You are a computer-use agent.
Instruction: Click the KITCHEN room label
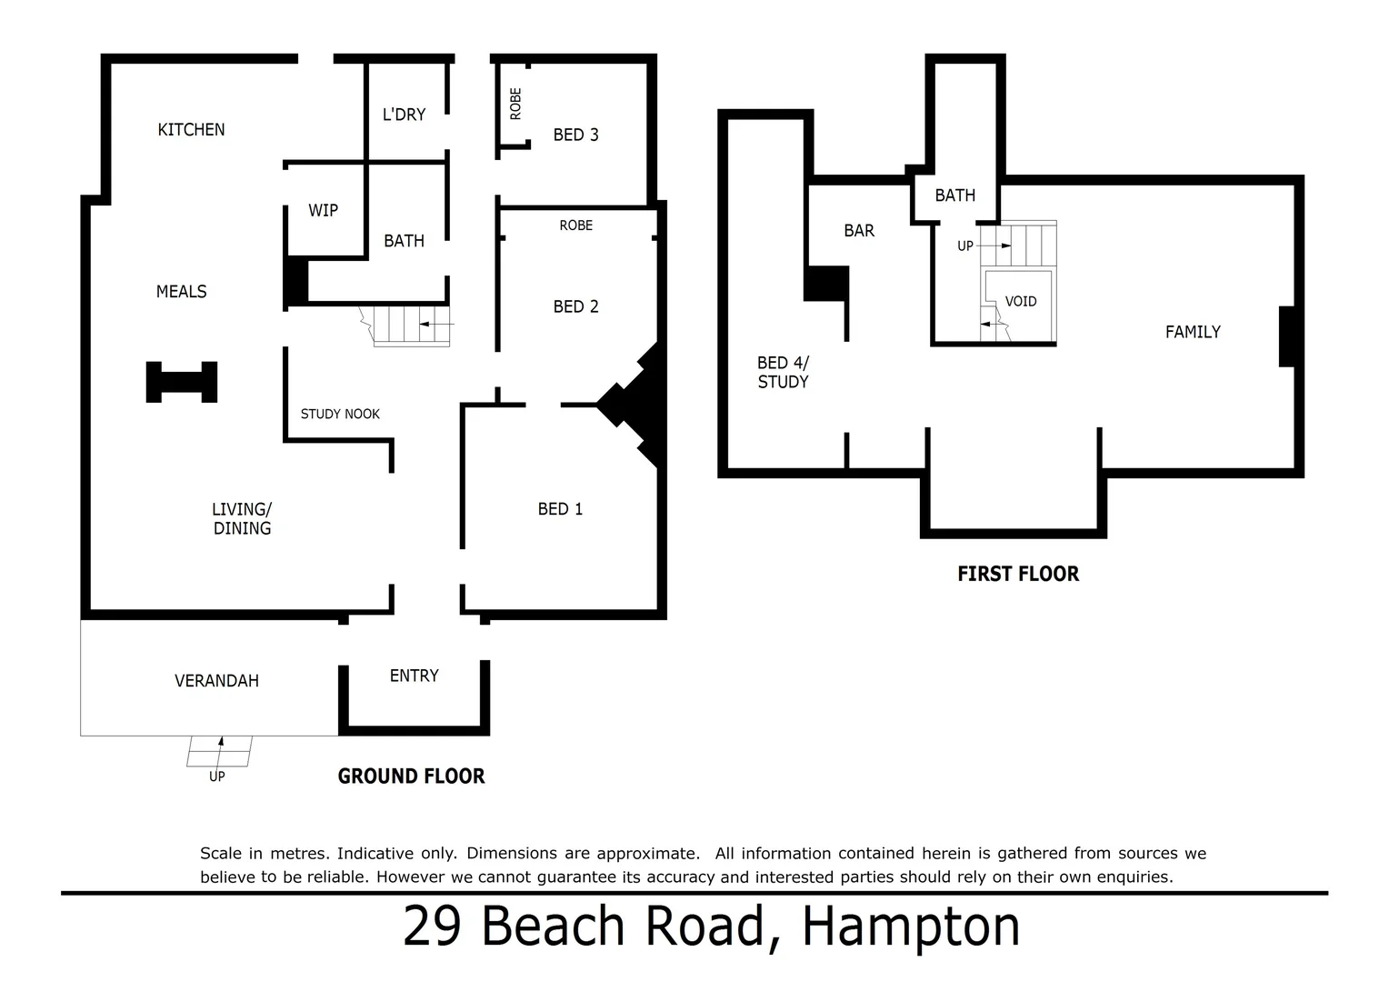(191, 130)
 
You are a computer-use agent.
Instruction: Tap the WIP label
(323, 211)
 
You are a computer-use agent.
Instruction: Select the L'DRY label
(404, 115)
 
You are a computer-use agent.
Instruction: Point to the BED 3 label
(575, 135)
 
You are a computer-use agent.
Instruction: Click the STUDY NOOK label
(340, 415)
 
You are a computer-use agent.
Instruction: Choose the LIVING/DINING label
(242, 519)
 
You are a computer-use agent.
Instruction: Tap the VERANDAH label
(216, 681)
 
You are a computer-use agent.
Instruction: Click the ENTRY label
(414, 676)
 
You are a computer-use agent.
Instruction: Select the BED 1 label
(560, 510)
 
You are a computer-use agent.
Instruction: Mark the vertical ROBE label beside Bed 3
(515, 104)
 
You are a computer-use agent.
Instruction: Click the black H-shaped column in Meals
(182, 382)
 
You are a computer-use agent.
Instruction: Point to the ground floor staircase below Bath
(412, 326)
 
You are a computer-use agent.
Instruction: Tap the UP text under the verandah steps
(216, 777)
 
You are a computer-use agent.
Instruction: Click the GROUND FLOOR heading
(411, 777)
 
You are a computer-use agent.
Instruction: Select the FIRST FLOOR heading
(1017, 575)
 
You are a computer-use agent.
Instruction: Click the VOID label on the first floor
(1020, 302)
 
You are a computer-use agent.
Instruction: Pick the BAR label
(858, 231)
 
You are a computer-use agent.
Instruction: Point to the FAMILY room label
(1193, 333)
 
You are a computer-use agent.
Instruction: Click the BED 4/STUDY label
(783, 373)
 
